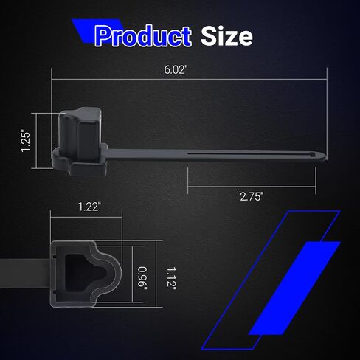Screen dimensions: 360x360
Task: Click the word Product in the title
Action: pyautogui.click(x=143, y=36)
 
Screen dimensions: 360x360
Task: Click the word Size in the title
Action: pyautogui.click(x=226, y=36)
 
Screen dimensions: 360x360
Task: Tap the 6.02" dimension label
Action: pyautogui.click(x=176, y=70)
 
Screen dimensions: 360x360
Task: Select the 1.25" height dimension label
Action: pyautogui.click(x=26, y=141)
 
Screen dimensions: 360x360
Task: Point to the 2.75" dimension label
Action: pyautogui.click(x=252, y=197)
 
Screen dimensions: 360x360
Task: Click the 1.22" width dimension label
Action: pyautogui.click(x=89, y=207)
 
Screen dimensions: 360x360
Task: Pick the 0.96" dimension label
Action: pyautogui.click(x=142, y=278)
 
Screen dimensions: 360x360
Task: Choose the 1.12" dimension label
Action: pyautogui.click(x=171, y=278)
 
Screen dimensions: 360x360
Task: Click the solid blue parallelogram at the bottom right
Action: pyautogui.click(x=294, y=288)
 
